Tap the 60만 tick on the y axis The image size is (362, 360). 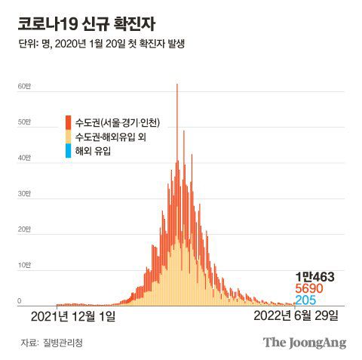(x=24, y=87)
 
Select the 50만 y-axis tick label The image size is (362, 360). (x=24, y=122)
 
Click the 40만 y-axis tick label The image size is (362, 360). (x=24, y=158)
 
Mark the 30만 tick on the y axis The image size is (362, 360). (x=24, y=194)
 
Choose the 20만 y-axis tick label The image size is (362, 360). (x=24, y=229)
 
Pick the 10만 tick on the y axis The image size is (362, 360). (x=24, y=266)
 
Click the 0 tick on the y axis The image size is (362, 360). (x=20, y=301)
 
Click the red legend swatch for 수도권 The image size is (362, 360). (x=69, y=123)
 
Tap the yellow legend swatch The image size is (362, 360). (x=69, y=137)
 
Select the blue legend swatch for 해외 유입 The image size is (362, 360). (x=69, y=152)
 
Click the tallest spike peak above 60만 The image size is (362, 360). (x=176, y=85)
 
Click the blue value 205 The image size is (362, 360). (x=305, y=300)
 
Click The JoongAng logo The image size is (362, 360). (x=304, y=343)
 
